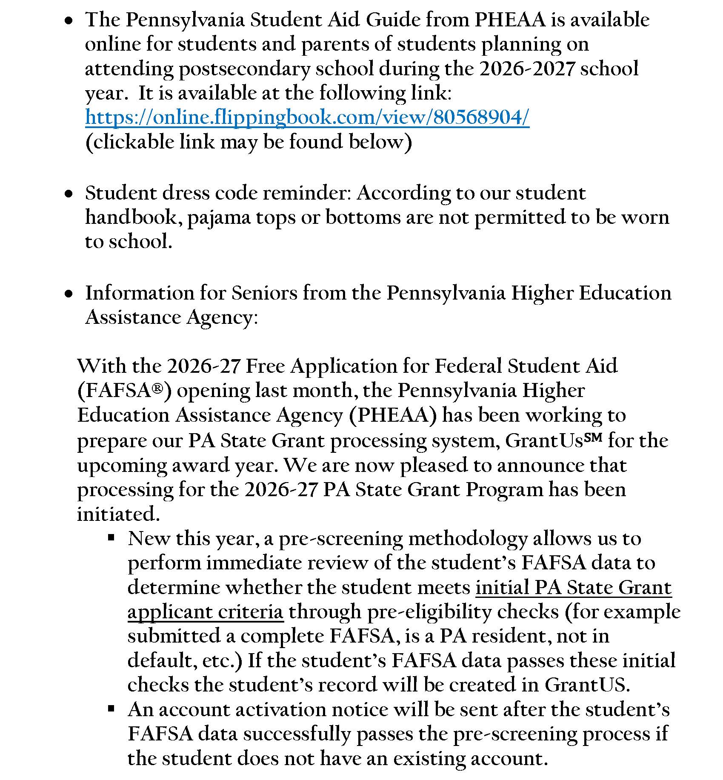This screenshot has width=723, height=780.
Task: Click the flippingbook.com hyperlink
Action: coord(307,117)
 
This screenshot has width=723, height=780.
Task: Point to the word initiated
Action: coord(118,514)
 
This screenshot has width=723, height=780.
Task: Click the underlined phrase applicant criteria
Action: coord(205,612)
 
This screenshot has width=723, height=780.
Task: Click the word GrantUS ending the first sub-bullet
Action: coord(586,685)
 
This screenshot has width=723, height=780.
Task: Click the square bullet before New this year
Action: coord(111,538)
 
